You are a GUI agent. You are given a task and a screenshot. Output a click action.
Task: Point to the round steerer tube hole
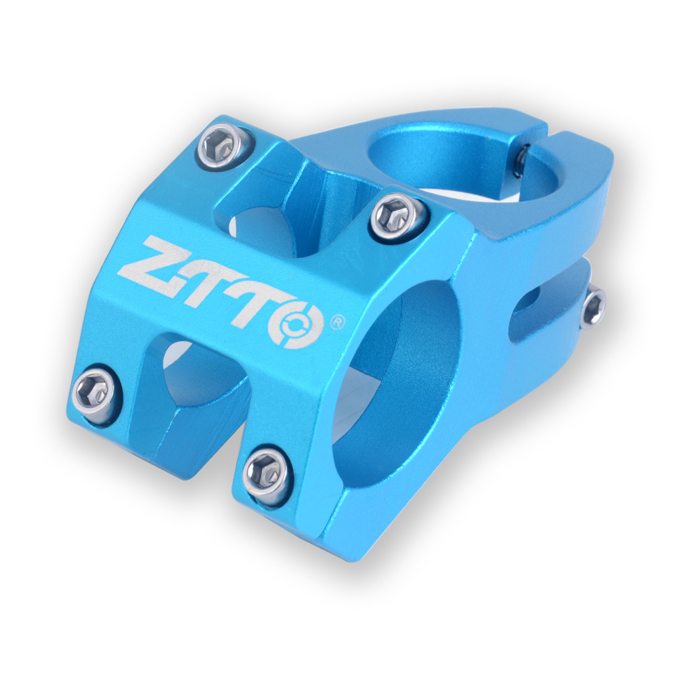click(467, 159)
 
